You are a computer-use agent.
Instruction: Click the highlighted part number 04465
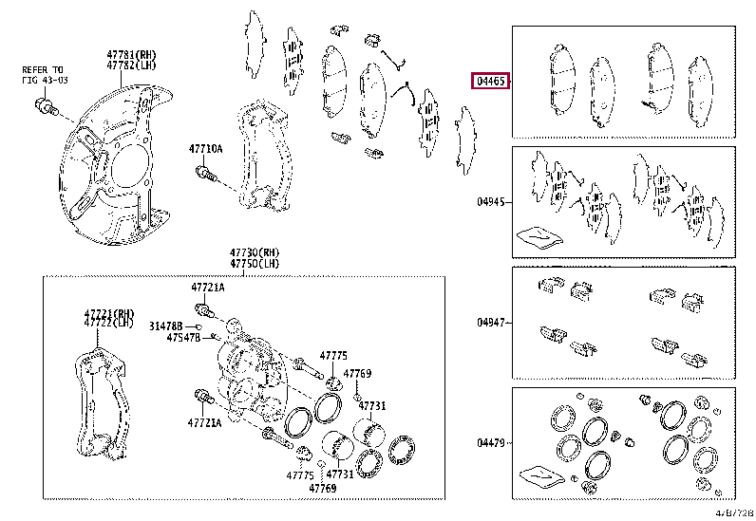pos(490,82)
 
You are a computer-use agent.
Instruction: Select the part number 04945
pos(491,202)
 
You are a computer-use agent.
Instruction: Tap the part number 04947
pos(491,322)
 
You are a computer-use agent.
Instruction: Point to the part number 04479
pos(491,442)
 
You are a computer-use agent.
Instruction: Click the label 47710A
pos(205,149)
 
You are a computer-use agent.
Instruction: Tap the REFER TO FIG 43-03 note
pos(44,75)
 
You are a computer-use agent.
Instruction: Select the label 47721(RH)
pos(107,313)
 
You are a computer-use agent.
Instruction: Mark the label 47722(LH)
pos(107,324)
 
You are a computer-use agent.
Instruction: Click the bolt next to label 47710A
pos(205,174)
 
